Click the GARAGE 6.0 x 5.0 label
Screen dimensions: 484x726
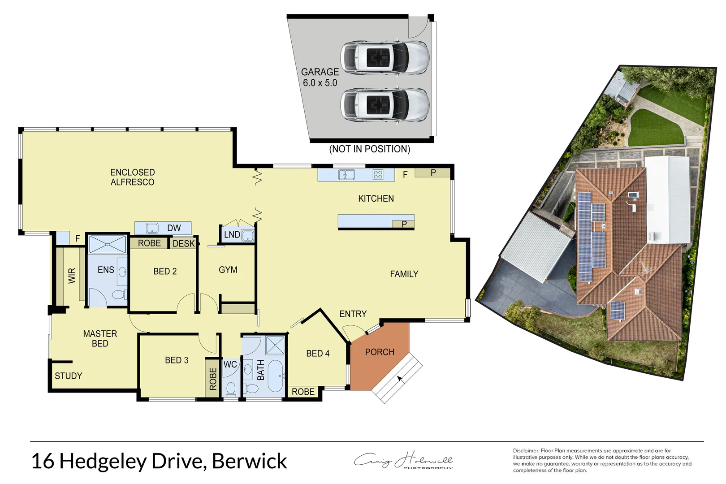pos(320,77)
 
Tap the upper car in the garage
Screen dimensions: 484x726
pos(385,58)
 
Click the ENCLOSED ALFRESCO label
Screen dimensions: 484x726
pos(132,177)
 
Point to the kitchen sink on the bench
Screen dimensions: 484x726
pos(346,174)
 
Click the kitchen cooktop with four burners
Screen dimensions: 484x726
pos(378,174)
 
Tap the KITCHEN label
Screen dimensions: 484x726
pos(376,199)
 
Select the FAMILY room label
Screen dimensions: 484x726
pos(404,274)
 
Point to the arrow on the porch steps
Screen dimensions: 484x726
pos(400,380)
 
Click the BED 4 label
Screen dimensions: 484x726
pos(318,354)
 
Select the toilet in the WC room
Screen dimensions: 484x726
pos(231,389)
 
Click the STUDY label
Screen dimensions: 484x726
pos(68,376)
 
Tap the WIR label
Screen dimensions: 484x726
pos(72,275)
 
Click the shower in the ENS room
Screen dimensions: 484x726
pos(108,245)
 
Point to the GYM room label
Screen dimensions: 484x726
pos(228,270)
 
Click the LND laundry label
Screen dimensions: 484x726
pos(232,234)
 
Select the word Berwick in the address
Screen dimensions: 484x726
pos(249,461)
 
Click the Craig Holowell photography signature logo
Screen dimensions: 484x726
pos(403,460)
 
